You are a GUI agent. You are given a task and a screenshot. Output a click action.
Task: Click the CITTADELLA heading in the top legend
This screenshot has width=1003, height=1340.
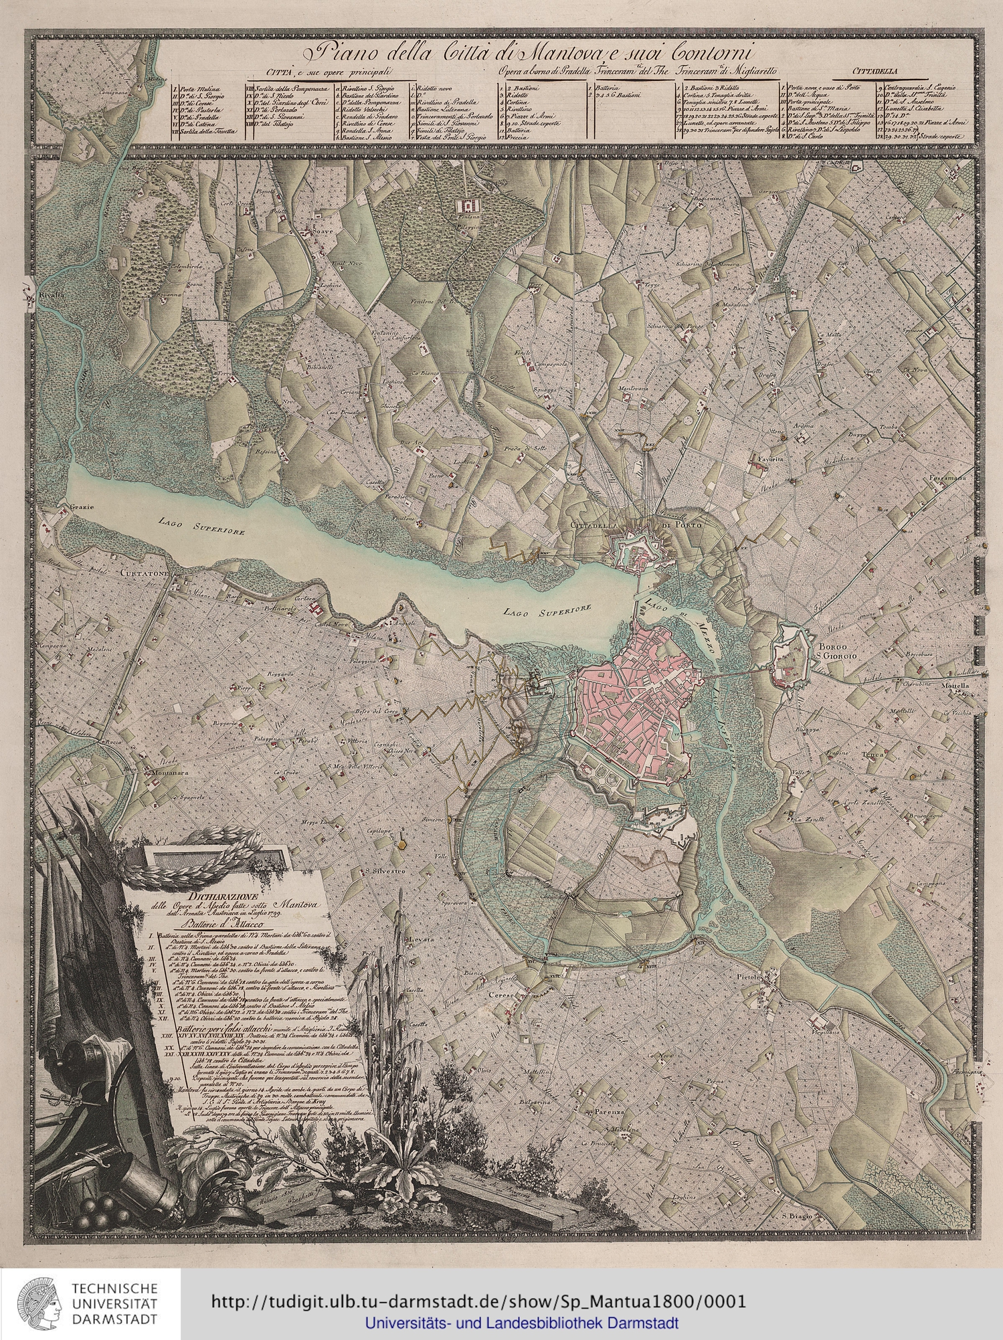(x=876, y=70)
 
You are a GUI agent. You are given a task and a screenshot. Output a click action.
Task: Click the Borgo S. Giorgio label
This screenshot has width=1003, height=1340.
(x=836, y=652)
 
